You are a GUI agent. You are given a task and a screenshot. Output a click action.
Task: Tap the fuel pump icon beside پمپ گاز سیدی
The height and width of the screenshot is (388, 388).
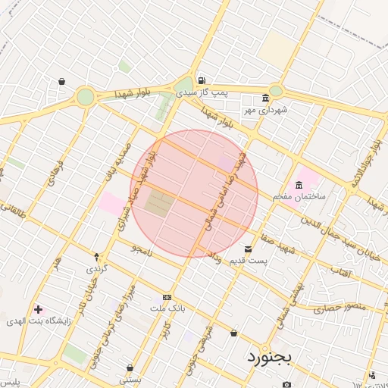[200, 81]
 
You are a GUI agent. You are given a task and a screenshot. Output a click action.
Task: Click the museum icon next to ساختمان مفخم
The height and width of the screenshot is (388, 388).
[299, 184]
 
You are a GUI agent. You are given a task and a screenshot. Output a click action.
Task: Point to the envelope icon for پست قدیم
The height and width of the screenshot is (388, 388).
[248, 249]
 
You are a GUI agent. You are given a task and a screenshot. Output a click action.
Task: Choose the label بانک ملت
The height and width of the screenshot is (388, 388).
[167, 308]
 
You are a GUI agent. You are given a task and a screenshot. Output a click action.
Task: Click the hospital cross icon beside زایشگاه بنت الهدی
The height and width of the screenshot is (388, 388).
[38, 309]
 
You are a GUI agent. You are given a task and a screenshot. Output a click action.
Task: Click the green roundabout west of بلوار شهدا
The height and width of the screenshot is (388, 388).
[86, 96]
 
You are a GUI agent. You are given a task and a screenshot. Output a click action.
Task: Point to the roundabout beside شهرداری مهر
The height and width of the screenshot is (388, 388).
[275, 91]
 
